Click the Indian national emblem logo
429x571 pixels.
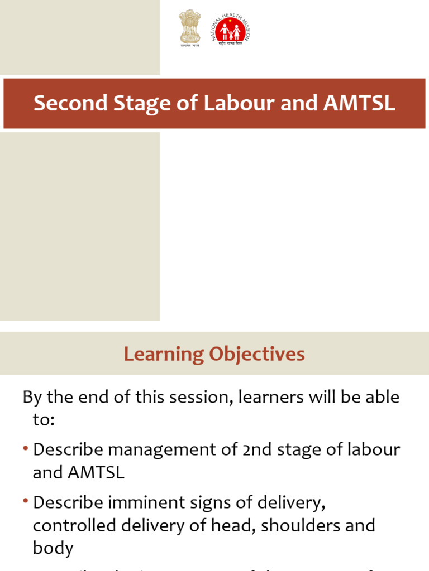(189, 28)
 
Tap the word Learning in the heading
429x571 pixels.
(164, 354)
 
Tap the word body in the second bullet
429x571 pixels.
(53, 548)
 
